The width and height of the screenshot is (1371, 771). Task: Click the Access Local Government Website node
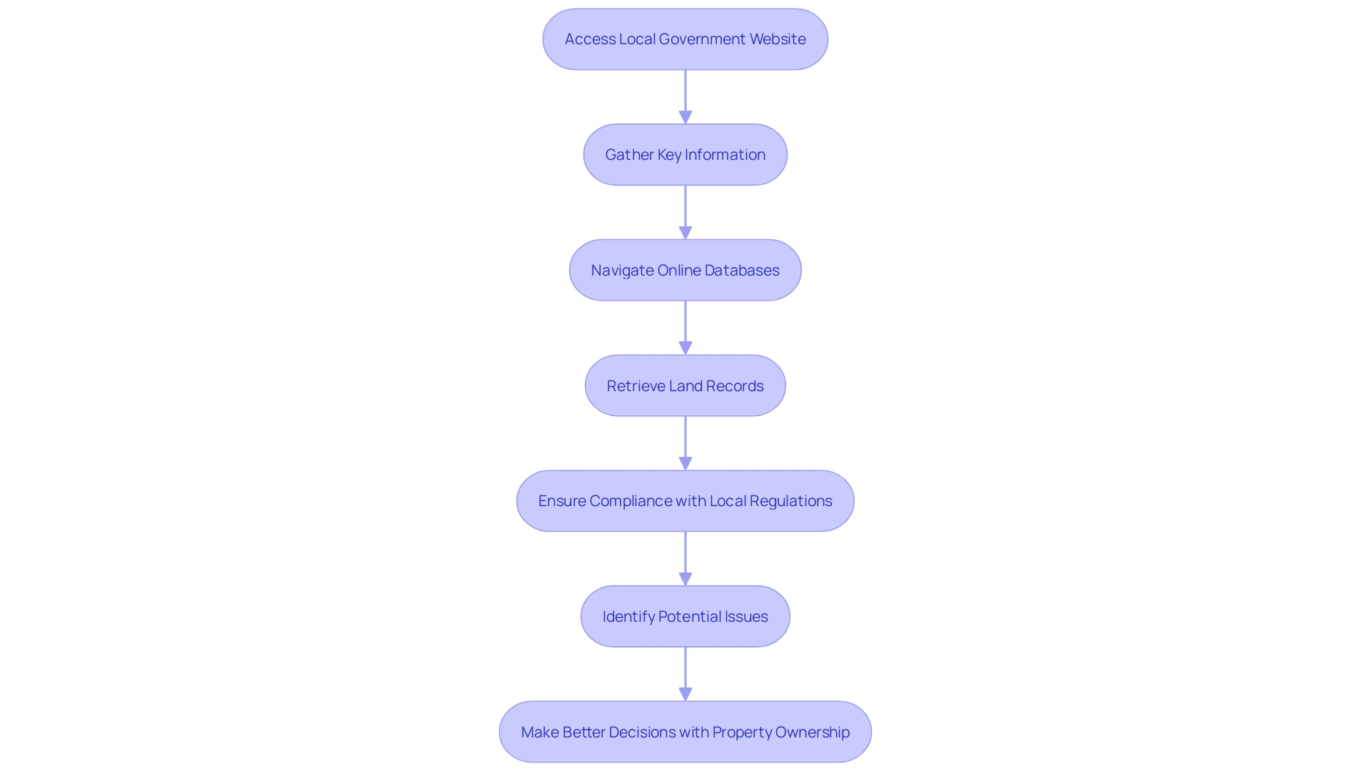click(685, 39)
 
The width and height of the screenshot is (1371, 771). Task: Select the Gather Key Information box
click(685, 155)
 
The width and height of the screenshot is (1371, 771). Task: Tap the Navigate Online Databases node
click(685, 271)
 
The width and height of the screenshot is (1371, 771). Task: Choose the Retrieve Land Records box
click(685, 386)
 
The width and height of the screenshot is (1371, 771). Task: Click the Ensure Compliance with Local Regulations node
click(685, 501)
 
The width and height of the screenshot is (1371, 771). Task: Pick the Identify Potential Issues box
click(685, 617)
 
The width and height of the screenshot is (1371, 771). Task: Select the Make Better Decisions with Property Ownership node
click(685, 732)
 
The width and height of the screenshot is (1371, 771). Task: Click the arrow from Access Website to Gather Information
click(685, 96)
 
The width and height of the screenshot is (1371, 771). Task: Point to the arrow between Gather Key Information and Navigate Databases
click(685, 212)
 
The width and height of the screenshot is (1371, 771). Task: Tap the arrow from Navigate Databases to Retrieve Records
click(685, 328)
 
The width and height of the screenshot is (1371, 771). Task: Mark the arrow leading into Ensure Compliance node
click(685, 443)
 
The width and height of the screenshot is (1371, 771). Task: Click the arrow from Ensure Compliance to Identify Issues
click(685, 558)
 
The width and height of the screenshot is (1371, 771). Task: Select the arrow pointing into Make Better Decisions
click(685, 674)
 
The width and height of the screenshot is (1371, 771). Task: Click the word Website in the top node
click(778, 39)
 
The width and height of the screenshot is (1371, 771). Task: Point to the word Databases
click(742, 271)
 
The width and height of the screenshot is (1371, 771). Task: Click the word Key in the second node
click(669, 155)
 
